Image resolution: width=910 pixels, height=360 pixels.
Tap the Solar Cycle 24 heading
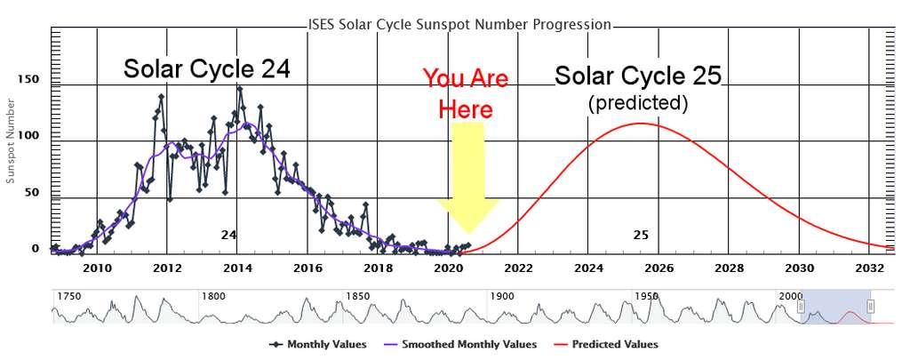tap(207, 69)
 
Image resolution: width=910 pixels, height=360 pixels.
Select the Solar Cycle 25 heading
tap(637, 76)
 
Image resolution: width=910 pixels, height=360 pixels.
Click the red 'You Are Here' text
tap(465, 92)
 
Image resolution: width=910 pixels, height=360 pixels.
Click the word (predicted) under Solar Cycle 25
tap(638, 103)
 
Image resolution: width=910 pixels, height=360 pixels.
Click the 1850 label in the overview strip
tap(358, 296)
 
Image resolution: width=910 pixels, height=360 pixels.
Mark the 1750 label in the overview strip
tap(68, 296)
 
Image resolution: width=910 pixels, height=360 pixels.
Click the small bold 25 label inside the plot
tap(641, 236)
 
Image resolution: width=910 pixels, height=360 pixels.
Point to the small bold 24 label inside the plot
tap(229, 236)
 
